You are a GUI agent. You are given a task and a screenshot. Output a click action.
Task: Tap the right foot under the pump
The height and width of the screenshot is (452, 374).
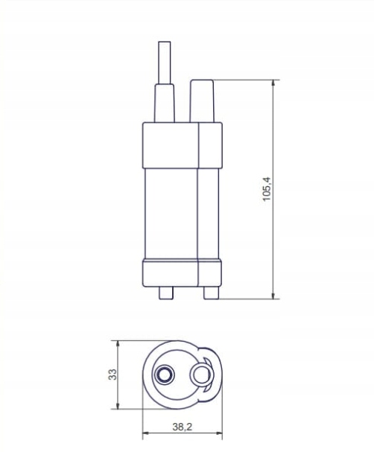(210, 292)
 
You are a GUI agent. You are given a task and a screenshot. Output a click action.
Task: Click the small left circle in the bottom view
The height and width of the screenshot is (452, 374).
(164, 375)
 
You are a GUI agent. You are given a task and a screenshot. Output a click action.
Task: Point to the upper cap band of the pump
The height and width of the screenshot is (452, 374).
(182, 144)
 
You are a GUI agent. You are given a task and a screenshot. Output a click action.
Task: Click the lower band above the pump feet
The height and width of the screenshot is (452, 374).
(182, 273)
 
